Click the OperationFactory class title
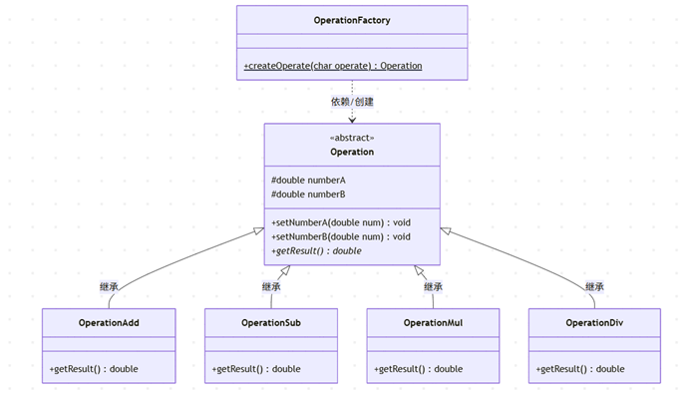tap(352, 20)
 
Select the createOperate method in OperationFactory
tap(333, 66)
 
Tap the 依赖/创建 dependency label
tap(352, 102)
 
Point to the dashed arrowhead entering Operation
tap(352, 120)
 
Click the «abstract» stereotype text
tap(352, 138)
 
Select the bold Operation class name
tap(352, 152)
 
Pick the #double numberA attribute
tap(308, 180)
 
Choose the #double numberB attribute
tap(308, 195)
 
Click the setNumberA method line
tap(341, 222)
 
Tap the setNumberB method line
tap(341, 236)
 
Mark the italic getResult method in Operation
tap(316, 250)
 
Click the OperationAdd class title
tap(109, 323)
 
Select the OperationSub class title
tap(271, 323)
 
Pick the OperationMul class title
tap(433, 323)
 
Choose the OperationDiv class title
tap(594, 323)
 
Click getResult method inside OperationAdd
tap(94, 369)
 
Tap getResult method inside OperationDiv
tap(580, 369)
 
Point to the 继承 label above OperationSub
tap(271, 287)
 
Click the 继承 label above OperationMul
tap(433, 287)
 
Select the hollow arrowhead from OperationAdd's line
tap(259, 230)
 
